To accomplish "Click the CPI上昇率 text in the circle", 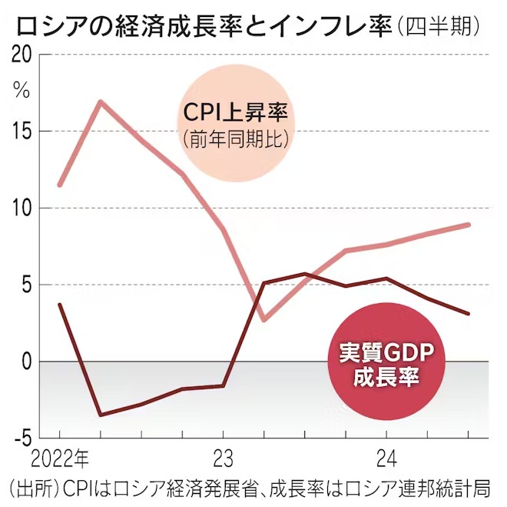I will (235, 112).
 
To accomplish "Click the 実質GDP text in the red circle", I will (387, 353).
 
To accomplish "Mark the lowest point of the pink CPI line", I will (263, 319).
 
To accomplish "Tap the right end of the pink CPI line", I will (469, 225).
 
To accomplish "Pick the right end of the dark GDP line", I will (469, 314).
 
